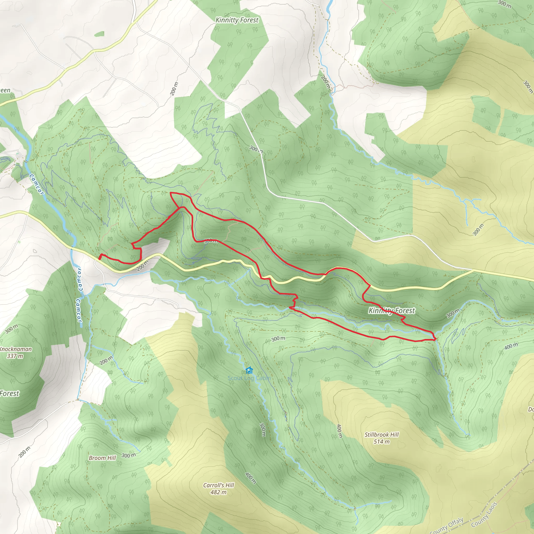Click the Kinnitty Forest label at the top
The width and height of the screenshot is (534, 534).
click(x=236, y=20)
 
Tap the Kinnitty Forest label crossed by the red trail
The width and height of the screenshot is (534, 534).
click(x=392, y=311)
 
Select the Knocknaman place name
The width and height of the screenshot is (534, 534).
click(x=16, y=349)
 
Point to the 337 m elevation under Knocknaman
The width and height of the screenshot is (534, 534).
click(x=15, y=356)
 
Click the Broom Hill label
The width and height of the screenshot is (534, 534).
click(x=102, y=458)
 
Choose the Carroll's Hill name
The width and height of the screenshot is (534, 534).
click(x=218, y=485)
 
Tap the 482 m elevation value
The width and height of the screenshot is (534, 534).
click(x=218, y=492)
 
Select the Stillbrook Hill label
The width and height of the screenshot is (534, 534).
click(x=381, y=434)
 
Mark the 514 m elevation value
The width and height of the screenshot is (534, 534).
click(x=381, y=441)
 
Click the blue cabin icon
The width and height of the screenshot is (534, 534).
click(x=249, y=370)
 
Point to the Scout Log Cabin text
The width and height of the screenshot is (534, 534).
click(x=249, y=378)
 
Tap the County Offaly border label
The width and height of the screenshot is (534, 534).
click(x=447, y=526)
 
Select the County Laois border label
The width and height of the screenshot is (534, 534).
click(x=484, y=515)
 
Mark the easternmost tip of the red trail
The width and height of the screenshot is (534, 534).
click(x=435, y=339)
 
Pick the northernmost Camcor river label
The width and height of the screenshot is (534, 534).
click(x=36, y=184)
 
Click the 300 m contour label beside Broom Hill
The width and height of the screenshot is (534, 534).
click(x=129, y=455)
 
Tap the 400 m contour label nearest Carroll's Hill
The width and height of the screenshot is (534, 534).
click(x=250, y=478)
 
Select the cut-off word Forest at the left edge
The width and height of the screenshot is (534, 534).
click(x=10, y=393)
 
